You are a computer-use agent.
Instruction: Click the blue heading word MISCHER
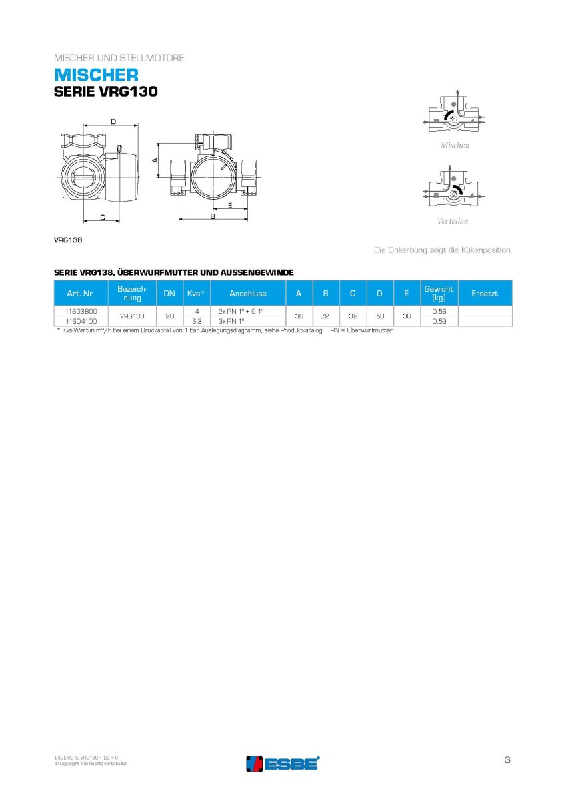click(96, 75)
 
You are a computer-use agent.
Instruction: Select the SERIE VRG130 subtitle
click(106, 92)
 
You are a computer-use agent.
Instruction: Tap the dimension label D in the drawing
click(113, 122)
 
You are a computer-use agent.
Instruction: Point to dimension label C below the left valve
click(103, 217)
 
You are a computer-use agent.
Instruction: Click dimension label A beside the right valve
click(155, 160)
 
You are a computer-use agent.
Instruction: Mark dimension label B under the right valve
click(213, 216)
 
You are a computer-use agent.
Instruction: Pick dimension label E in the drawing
click(230, 206)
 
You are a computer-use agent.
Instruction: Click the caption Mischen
click(455, 146)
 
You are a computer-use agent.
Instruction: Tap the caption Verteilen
click(453, 221)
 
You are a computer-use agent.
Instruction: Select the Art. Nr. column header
click(81, 293)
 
